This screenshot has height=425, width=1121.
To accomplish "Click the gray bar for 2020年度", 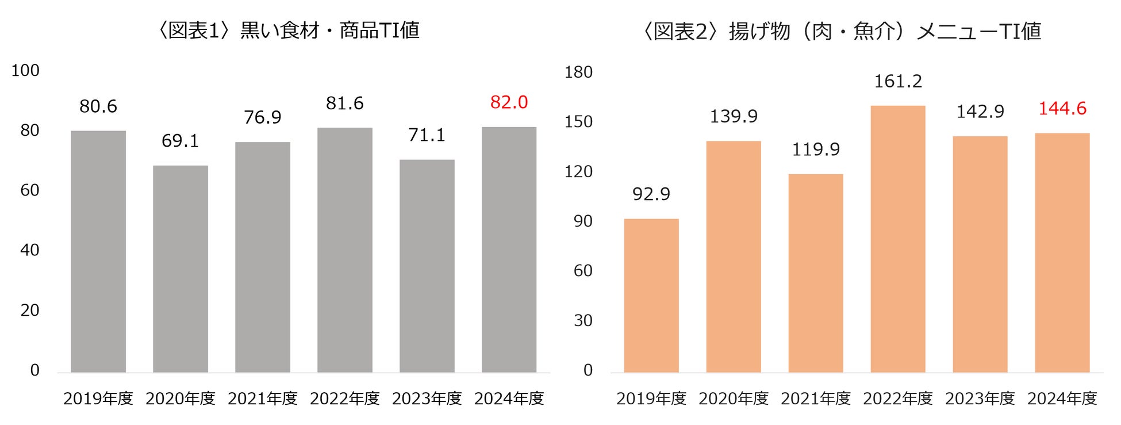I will click(181, 269).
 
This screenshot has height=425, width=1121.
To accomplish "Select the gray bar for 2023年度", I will click(427, 266).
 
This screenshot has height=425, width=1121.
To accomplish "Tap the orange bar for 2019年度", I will click(651, 295).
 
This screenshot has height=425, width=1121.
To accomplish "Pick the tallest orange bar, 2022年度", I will click(898, 239).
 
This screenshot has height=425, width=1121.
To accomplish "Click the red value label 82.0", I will click(509, 102).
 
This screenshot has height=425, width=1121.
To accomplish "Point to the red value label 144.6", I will click(1062, 109).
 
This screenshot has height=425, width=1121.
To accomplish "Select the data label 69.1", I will click(180, 141).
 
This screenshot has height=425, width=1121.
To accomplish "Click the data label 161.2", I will click(898, 82).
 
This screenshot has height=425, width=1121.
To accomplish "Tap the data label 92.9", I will click(651, 194).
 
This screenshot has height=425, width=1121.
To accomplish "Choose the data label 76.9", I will click(263, 117).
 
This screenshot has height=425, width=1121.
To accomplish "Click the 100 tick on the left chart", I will click(25, 71).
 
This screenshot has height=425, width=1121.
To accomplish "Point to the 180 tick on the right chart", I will click(578, 72).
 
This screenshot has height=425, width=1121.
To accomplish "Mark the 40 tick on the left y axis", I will click(30, 250).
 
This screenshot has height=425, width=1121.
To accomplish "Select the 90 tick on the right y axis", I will click(583, 221).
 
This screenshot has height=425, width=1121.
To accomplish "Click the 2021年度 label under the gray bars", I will click(263, 399).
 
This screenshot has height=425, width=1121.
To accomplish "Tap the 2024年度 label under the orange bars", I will click(1062, 399).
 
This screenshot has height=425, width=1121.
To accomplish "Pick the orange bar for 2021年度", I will click(816, 273).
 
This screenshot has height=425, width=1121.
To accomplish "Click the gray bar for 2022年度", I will click(345, 250).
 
